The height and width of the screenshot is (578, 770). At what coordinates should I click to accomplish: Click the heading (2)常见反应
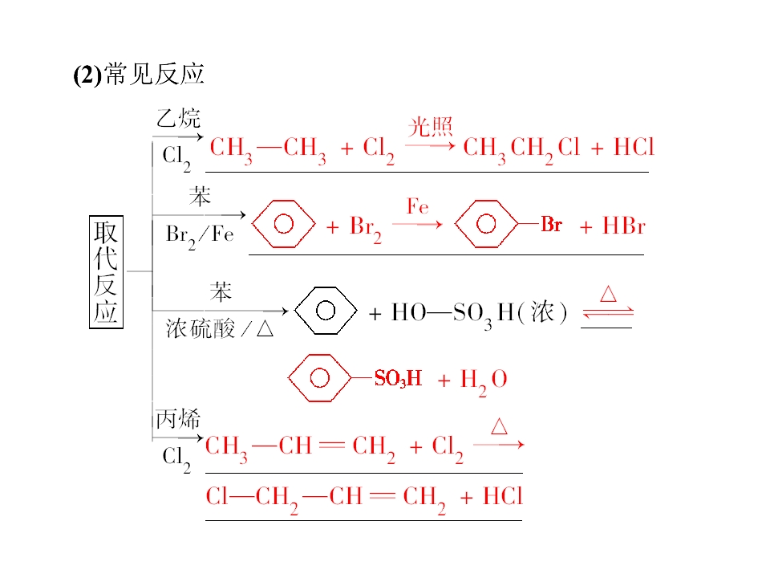139,74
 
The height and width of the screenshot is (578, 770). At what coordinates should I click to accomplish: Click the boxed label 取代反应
106,272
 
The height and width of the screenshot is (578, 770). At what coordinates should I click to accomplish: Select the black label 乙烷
178,118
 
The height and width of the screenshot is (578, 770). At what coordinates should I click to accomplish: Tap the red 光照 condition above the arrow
430,127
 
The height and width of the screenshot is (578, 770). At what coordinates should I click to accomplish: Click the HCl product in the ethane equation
634,147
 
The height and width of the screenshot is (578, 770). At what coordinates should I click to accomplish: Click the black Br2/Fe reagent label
200,236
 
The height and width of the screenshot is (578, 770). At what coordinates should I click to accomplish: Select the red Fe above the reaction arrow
417,206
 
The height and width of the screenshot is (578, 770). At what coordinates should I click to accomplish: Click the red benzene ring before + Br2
283,224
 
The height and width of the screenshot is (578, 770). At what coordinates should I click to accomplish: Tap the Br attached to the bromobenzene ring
552,225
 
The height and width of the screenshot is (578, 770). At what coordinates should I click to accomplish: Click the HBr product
624,226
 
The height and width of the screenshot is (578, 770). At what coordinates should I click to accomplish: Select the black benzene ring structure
326,311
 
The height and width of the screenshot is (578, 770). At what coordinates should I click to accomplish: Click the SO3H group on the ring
398,378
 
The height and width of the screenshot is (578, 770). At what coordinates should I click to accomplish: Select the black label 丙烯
178,419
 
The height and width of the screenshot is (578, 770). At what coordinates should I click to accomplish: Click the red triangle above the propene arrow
499,426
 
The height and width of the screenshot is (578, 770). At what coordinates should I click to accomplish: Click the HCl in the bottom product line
502,496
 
